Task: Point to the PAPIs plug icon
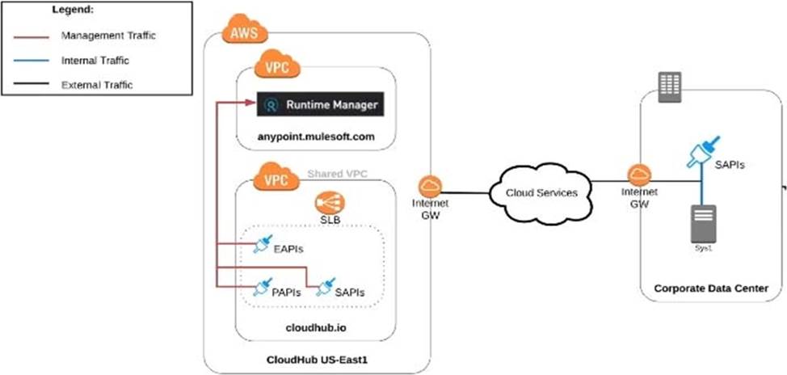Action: [x=262, y=286]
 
